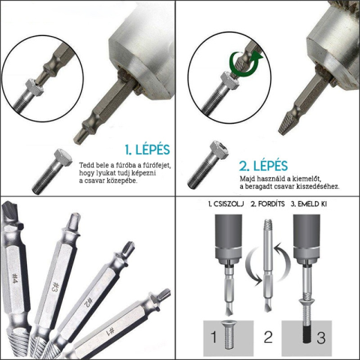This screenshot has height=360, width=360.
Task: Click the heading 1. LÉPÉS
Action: (148, 149)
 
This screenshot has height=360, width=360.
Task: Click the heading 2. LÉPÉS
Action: (263, 166)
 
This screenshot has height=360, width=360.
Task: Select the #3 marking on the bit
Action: (55, 286)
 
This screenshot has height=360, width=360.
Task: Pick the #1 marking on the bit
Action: (111, 331)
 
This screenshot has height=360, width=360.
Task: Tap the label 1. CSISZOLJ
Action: (226, 204)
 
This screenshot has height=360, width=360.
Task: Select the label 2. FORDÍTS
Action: (268, 204)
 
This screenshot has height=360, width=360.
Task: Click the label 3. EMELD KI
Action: (309, 204)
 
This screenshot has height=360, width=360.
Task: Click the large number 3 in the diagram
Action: (321, 337)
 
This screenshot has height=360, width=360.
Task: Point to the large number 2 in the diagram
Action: (268, 337)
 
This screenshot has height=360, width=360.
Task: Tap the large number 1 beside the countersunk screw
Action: (213, 337)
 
